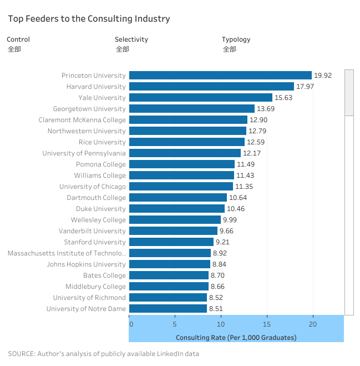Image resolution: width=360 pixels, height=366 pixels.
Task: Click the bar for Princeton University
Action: (x=220, y=76)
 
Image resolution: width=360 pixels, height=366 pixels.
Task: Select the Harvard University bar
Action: (x=211, y=87)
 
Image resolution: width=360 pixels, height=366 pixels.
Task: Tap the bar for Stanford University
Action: (x=171, y=242)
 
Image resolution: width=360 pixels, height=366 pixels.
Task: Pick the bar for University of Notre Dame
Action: (x=168, y=309)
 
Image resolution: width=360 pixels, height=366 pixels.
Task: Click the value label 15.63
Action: (x=283, y=98)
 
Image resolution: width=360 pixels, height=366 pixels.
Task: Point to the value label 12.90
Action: (x=258, y=120)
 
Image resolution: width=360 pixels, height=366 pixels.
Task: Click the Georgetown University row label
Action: (x=89, y=109)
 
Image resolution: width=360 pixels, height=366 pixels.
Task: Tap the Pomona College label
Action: (x=101, y=164)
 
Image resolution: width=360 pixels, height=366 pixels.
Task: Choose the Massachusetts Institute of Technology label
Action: (x=67, y=253)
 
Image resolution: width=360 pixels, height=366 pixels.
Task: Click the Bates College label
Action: (x=104, y=275)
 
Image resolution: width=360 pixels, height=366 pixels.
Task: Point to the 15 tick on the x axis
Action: (x=267, y=324)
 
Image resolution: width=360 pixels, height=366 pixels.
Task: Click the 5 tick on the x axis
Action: (x=175, y=324)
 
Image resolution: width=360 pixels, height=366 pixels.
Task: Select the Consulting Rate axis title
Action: (x=236, y=338)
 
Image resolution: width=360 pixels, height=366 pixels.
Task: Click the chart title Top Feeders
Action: (x=89, y=19)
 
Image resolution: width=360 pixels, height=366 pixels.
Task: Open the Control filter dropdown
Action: (x=14, y=49)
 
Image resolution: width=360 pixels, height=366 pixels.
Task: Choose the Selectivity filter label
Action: (x=131, y=39)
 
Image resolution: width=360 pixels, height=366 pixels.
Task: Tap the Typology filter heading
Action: (x=236, y=39)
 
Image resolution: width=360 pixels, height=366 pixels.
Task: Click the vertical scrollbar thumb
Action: (x=349, y=92)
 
